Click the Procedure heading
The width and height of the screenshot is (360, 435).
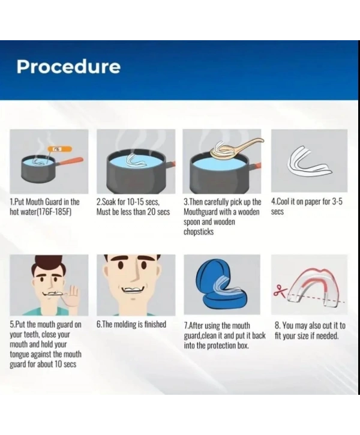pos(68,67)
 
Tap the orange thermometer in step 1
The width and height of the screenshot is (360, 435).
pos(60,149)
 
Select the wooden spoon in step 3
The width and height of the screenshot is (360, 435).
pos(236,148)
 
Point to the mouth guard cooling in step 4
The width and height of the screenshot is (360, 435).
pos(309,162)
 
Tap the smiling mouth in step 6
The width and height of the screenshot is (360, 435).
pos(133,289)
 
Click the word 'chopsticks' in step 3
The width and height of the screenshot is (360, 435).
pos(199,232)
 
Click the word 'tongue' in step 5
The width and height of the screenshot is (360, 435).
pos(19,355)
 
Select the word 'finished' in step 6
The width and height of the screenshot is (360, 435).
pos(155,325)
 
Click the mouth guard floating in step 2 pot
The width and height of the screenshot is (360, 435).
pos(136,161)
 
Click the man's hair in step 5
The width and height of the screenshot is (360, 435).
pos(48,265)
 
